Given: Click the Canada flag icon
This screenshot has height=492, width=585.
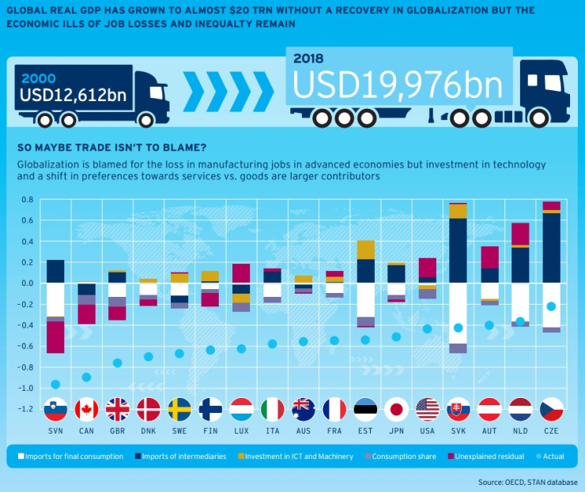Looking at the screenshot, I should click(x=86, y=409).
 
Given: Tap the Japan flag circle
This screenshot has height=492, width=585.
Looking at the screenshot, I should click(x=396, y=409).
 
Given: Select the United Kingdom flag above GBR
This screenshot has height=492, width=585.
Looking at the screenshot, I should click(x=118, y=409).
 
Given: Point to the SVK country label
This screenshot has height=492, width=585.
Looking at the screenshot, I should click(x=458, y=430).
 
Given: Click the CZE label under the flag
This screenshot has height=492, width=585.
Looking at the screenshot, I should click(x=551, y=430).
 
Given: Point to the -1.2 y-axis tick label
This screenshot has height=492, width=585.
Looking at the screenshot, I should click(x=25, y=409).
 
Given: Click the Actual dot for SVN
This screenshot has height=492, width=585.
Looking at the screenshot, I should click(x=55, y=385).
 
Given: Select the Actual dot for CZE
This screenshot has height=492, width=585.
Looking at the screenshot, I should click(x=551, y=306).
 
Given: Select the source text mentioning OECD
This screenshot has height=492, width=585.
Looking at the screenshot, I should click(x=527, y=482).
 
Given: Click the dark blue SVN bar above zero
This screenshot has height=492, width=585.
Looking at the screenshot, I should click(x=55, y=271).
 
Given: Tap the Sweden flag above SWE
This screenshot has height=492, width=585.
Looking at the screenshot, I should click(x=179, y=409).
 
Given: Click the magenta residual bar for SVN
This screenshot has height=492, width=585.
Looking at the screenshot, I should click(x=55, y=336).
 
